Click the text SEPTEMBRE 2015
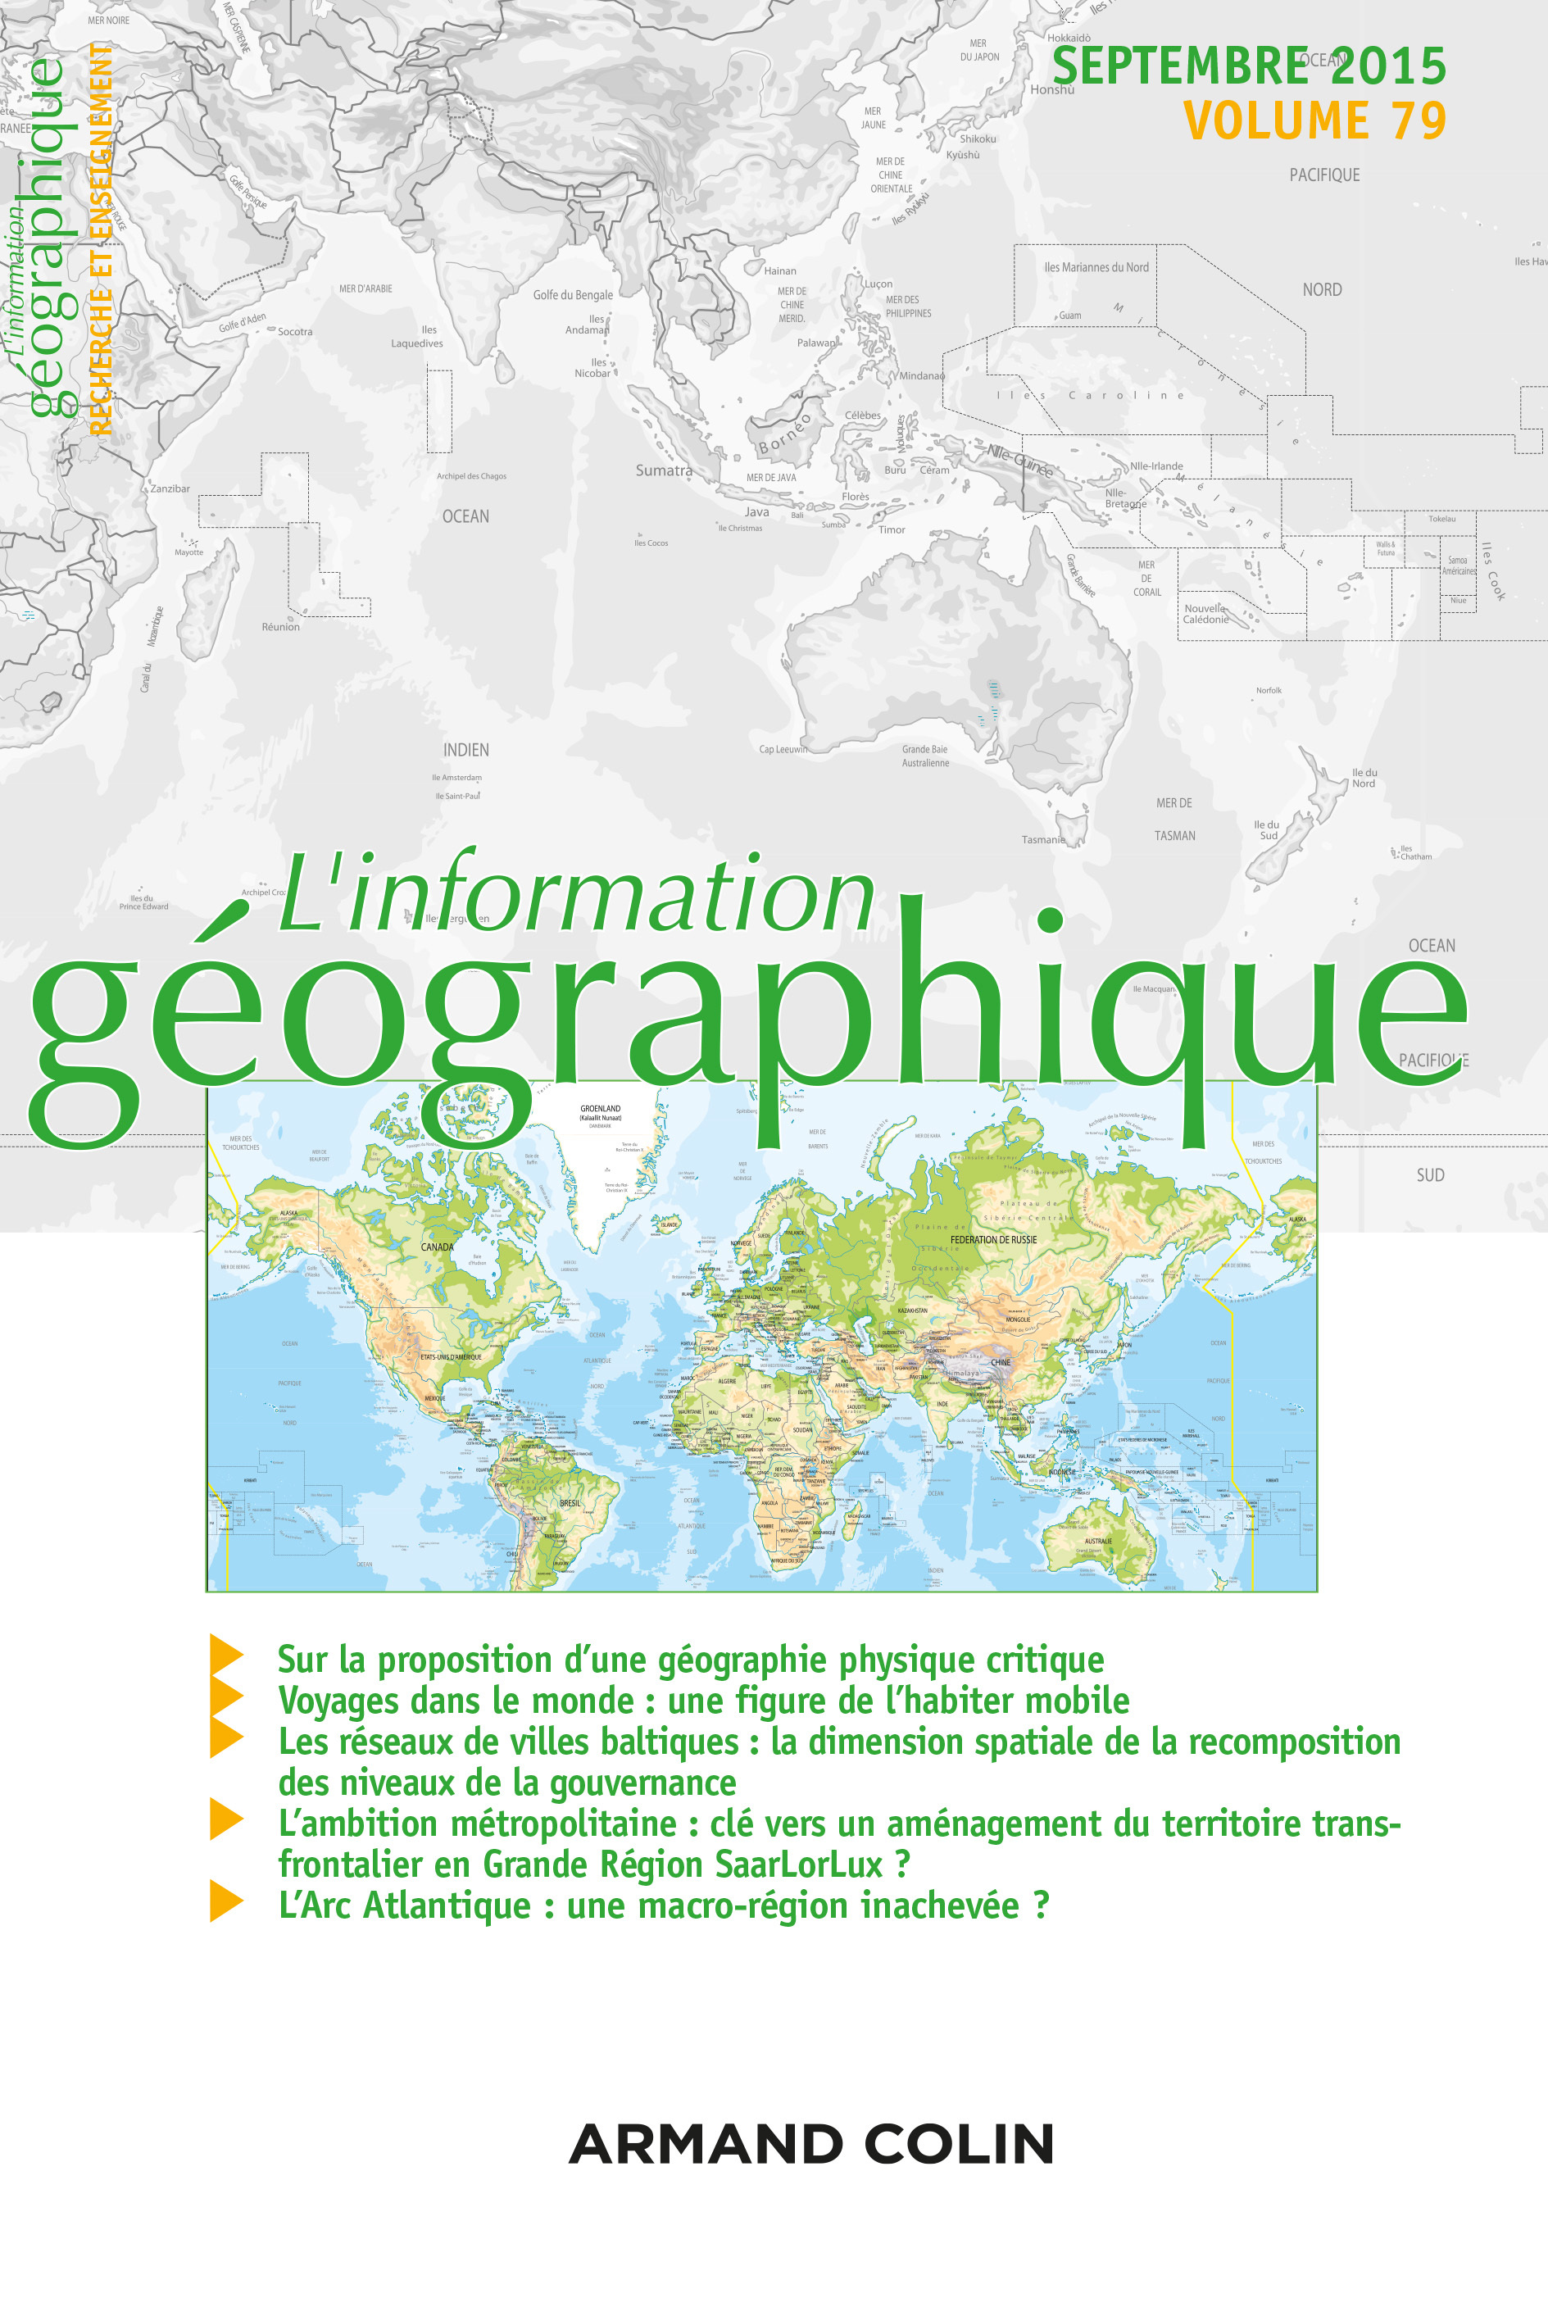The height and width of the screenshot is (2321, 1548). (1248, 67)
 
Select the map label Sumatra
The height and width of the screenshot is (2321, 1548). (664, 471)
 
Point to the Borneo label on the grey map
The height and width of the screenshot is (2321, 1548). (785, 434)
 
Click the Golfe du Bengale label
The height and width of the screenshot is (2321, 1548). (573, 295)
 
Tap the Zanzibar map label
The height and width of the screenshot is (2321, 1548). (170, 488)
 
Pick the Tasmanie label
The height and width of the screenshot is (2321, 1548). (1043, 839)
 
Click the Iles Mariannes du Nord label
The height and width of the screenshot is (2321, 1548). (1096, 267)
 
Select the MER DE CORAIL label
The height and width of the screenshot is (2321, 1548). (1146, 579)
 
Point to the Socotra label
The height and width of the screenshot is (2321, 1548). (294, 332)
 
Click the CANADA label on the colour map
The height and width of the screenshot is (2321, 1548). (438, 1247)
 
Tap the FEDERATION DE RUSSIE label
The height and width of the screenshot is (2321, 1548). (993, 1239)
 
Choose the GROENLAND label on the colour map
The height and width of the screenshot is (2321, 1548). (600, 1109)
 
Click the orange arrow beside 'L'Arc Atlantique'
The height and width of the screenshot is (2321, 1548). (226, 1901)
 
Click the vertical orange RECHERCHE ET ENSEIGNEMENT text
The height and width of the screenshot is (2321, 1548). (100, 237)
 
